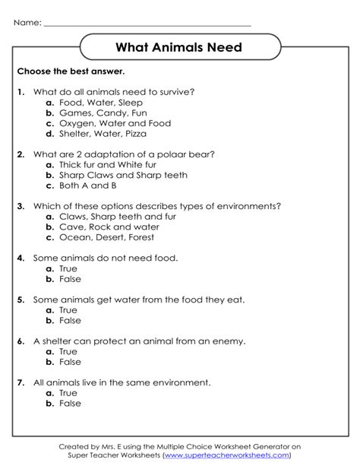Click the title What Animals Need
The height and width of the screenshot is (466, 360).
[179, 48]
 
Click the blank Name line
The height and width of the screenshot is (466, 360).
[147, 24]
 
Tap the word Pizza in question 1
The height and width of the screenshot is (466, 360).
[133, 134]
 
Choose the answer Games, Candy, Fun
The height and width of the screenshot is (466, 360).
[99, 113]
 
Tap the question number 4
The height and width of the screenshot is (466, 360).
[21, 258]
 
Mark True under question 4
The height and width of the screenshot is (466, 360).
[68, 268]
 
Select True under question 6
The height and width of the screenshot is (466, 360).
[68, 352]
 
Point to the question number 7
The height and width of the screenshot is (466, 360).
[21, 382]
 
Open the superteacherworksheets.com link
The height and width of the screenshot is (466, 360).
[226, 455]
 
